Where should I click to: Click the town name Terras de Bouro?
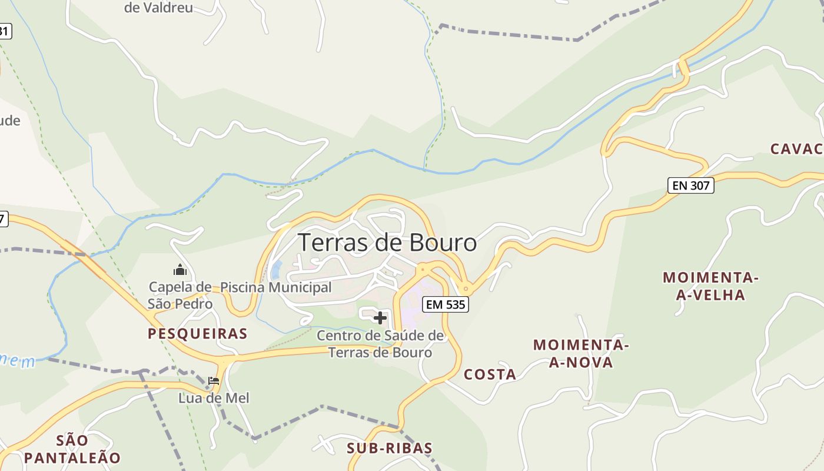pyautogui.click(x=387, y=243)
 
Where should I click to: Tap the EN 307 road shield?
pyautogui.click(x=691, y=185)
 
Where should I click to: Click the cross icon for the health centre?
pyautogui.click(x=380, y=318)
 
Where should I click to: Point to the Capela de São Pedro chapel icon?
pyautogui.click(x=180, y=270)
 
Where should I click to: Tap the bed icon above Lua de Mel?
pyautogui.click(x=214, y=381)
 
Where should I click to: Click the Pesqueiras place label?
pyautogui.click(x=197, y=334)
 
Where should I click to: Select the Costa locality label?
pyautogui.click(x=490, y=374)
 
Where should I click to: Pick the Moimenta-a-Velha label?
pyautogui.click(x=710, y=286)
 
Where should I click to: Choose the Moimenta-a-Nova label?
pyautogui.click(x=582, y=353)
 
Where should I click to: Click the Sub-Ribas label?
pyautogui.click(x=390, y=448)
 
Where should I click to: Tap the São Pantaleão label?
pyautogui.click(x=72, y=449)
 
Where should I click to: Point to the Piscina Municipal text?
pyautogui.click(x=276, y=287)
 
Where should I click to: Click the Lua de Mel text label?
pyautogui.click(x=214, y=399)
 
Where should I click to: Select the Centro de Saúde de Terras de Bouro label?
pyautogui.click(x=380, y=344)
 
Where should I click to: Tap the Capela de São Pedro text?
pyautogui.click(x=180, y=296)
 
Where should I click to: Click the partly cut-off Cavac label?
pyautogui.click(x=796, y=149)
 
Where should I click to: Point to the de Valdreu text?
pyautogui.click(x=159, y=8)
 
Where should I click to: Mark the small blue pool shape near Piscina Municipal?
pyautogui.click(x=275, y=270)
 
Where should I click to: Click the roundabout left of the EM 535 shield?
pyautogui.click(x=421, y=270)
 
